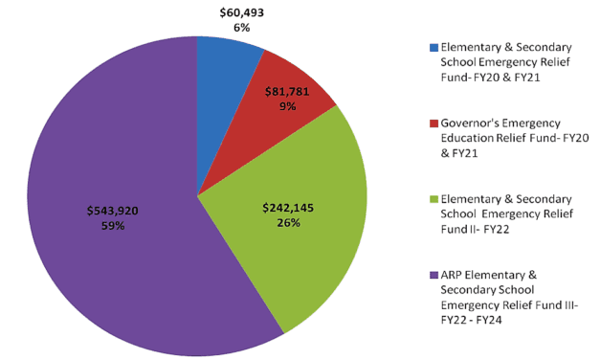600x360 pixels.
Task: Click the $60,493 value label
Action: pos(241,11)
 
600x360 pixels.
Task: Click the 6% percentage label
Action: pos(241,28)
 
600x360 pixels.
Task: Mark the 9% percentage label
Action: pos(291,108)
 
